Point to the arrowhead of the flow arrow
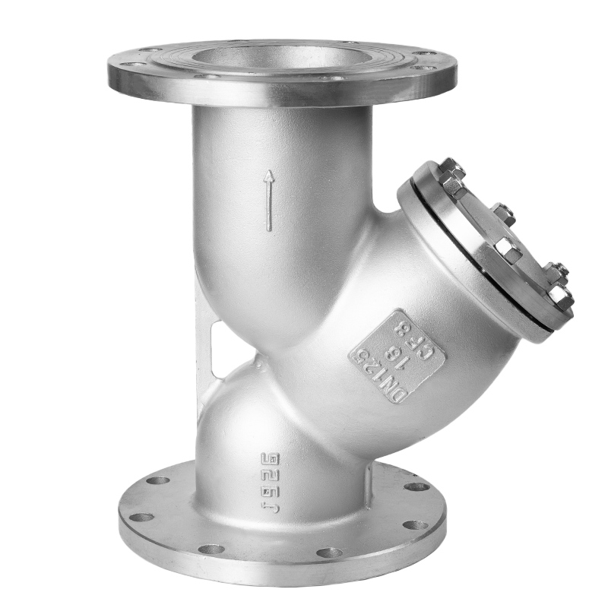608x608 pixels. point(268,176)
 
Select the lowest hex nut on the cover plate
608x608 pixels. point(560,296)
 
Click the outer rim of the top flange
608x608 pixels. point(281,97)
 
